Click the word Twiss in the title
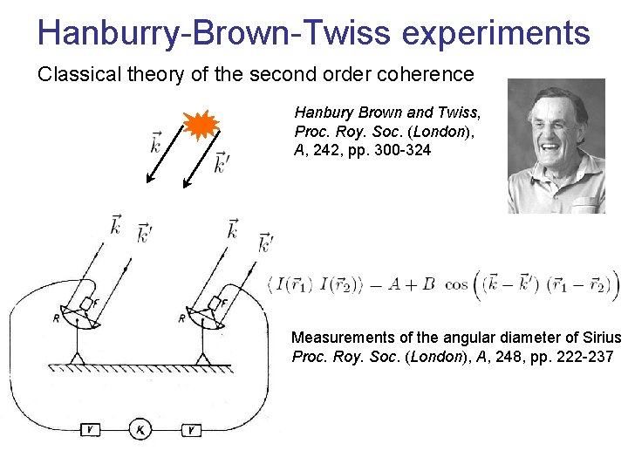345,33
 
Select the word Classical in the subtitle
77,74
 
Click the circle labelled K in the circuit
141,429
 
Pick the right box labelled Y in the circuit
192,429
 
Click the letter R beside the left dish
57,319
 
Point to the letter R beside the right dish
182,318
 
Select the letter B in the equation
428,285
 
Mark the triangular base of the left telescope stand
78,357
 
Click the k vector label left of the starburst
155,141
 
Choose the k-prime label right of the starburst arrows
222,162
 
